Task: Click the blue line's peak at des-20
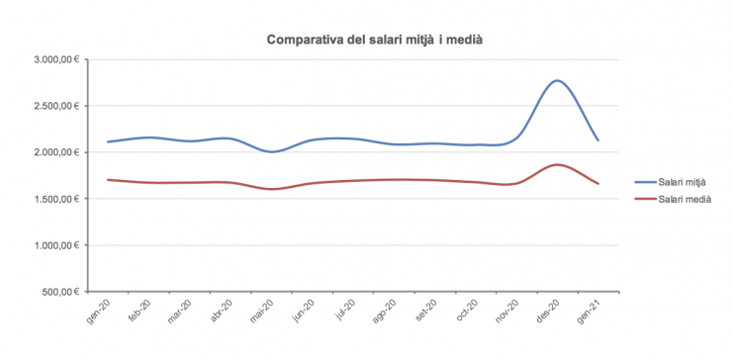tap(558, 80)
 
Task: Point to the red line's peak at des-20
tap(558, 164)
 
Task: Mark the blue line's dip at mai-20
tap(271, 151)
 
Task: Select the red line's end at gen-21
tap(598, 184)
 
